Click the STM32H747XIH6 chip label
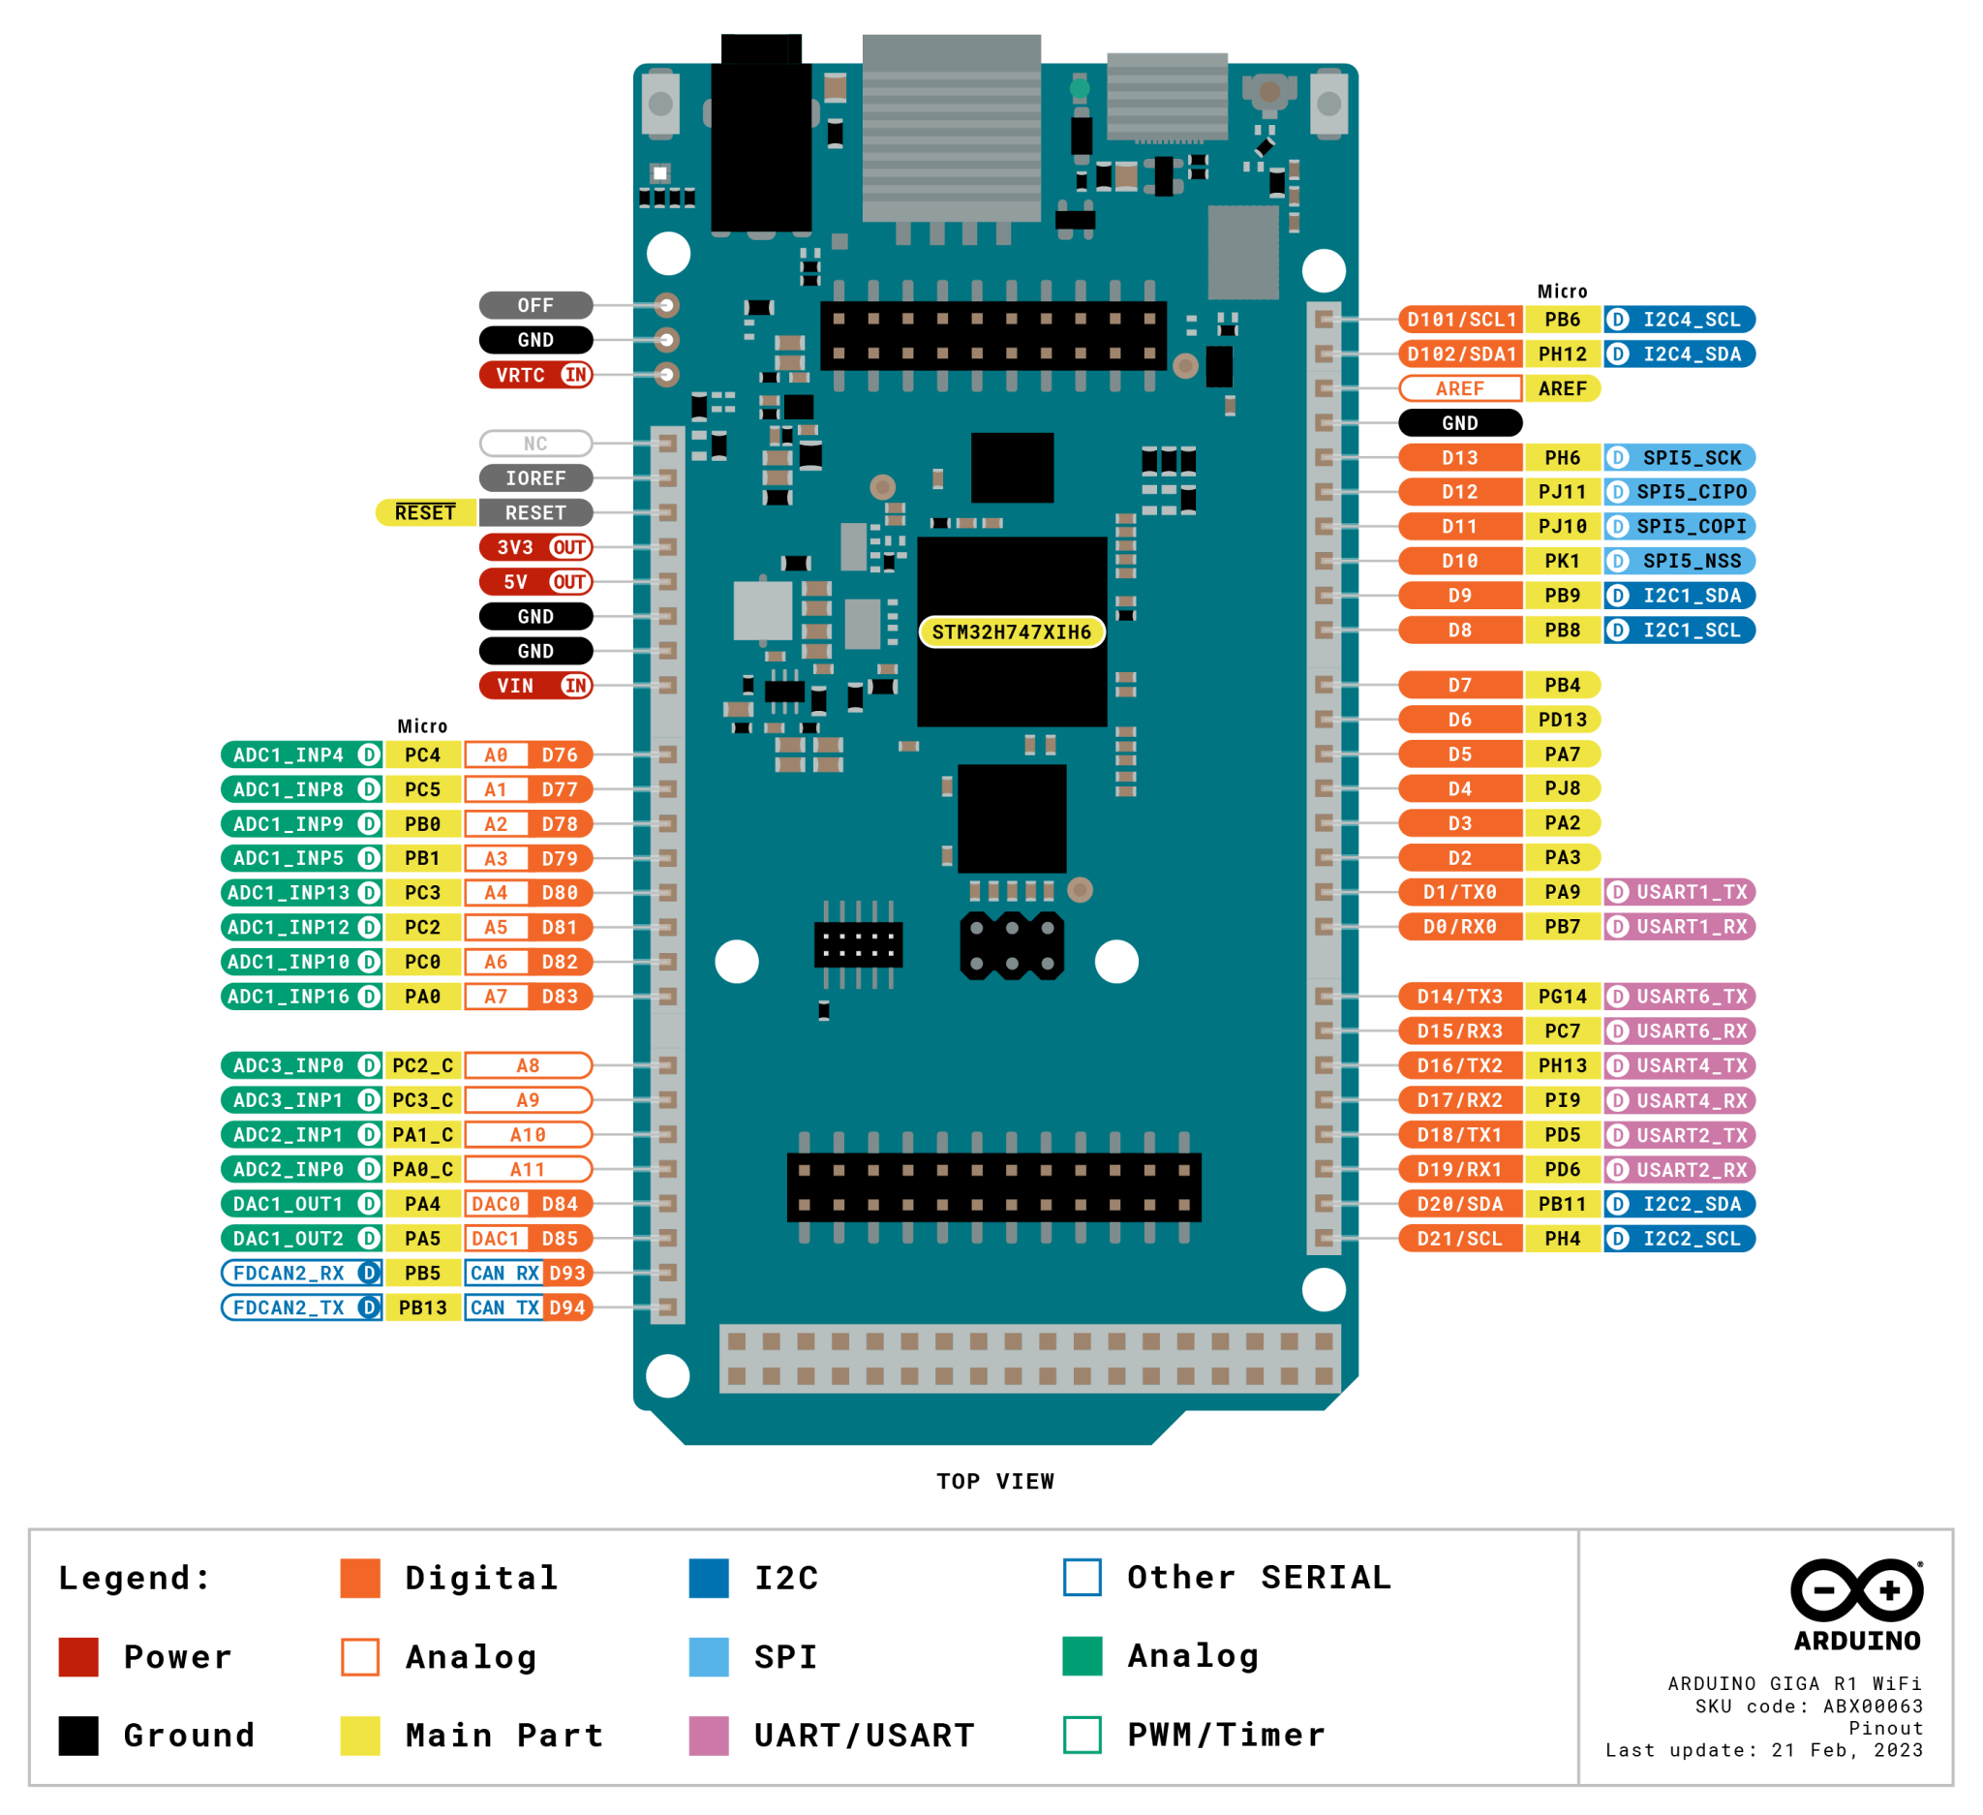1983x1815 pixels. pos(1011,631)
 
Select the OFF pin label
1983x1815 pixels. pos(535,305)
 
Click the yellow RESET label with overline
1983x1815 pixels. pos(425,512)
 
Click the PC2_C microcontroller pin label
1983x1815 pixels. pos(422,1065)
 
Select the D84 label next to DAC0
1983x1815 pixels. pos(560,1204)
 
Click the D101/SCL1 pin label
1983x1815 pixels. pos(1461,319)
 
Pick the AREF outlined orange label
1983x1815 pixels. pos(1460,388)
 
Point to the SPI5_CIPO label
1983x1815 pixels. pos(1680,492)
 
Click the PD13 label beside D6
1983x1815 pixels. pos(1562,719)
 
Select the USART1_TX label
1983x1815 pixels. pos(1680,892)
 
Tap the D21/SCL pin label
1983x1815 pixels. pos(1460,1239)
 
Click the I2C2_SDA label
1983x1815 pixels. pos(1680,1204)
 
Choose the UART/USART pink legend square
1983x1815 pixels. pos(708,1736)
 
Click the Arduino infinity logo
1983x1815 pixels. pos(1856,1590)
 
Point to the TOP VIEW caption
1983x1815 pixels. pos(994,1482)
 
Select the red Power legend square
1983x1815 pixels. pos(78,1656)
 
